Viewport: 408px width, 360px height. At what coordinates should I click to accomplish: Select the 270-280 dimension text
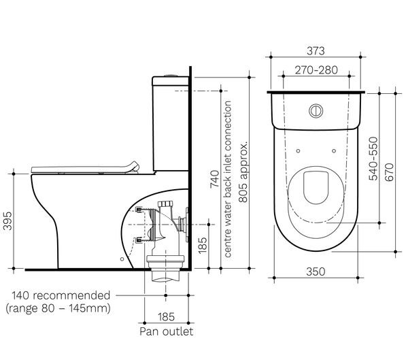(x=314, y=70)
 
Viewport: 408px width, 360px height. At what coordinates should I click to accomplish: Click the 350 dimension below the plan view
(x=314, y=271)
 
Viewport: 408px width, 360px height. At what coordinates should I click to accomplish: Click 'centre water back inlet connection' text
(x=228, y=179)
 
